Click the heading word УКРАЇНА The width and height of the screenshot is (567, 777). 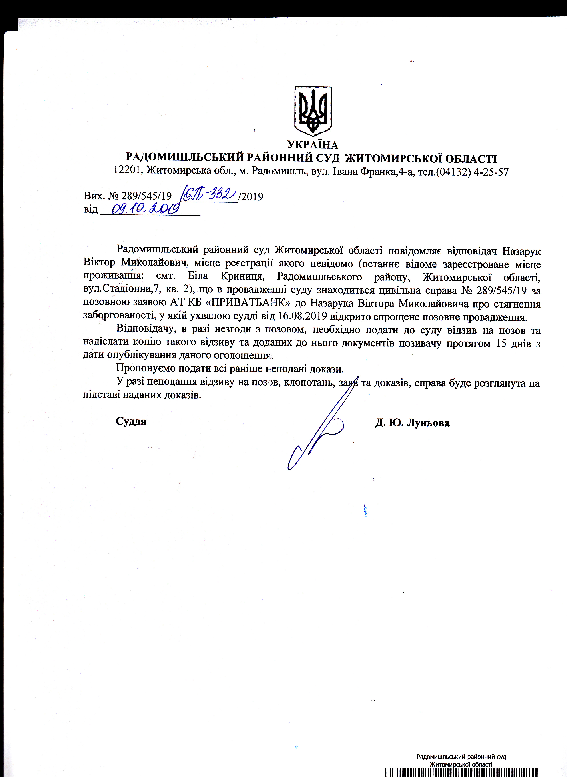312,145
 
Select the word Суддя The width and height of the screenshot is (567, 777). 131,421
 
